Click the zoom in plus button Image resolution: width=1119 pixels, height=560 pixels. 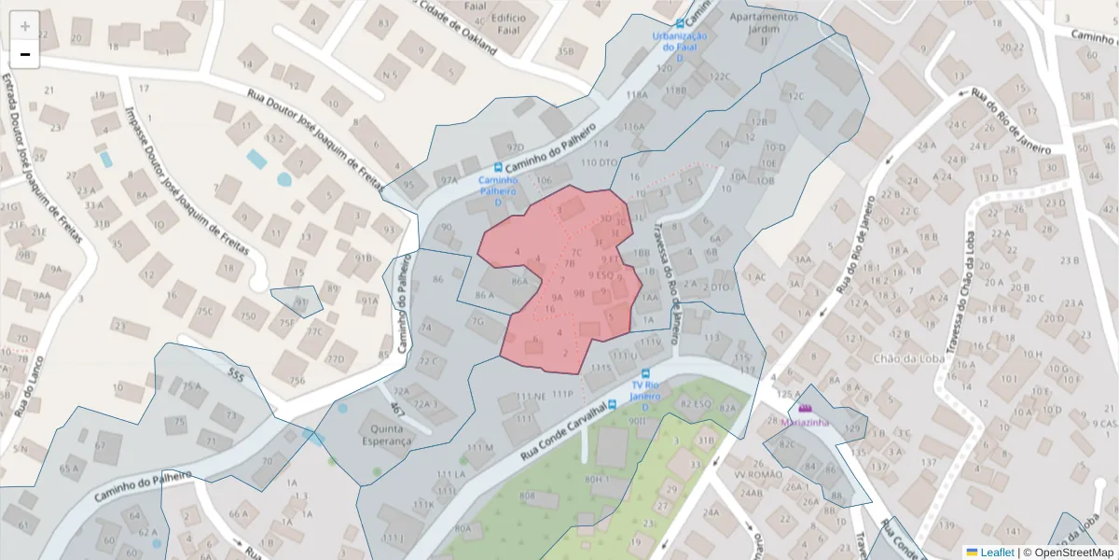point(25,25)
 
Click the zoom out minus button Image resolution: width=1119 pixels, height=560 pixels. point(25,54)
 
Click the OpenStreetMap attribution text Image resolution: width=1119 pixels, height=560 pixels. point(1073,553)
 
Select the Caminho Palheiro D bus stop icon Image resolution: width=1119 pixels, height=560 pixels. point(498,169)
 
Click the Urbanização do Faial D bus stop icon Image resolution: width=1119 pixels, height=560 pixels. point(680,24)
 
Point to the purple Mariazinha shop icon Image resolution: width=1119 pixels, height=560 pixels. point(805,408)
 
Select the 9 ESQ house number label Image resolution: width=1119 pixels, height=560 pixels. point(600,275)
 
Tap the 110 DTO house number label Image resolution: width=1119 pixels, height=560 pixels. point(600,162)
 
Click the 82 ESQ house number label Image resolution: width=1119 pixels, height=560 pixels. point(696,403)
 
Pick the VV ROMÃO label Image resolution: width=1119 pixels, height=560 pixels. point(758,473)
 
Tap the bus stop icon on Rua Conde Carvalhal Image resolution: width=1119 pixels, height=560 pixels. point(613,404)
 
